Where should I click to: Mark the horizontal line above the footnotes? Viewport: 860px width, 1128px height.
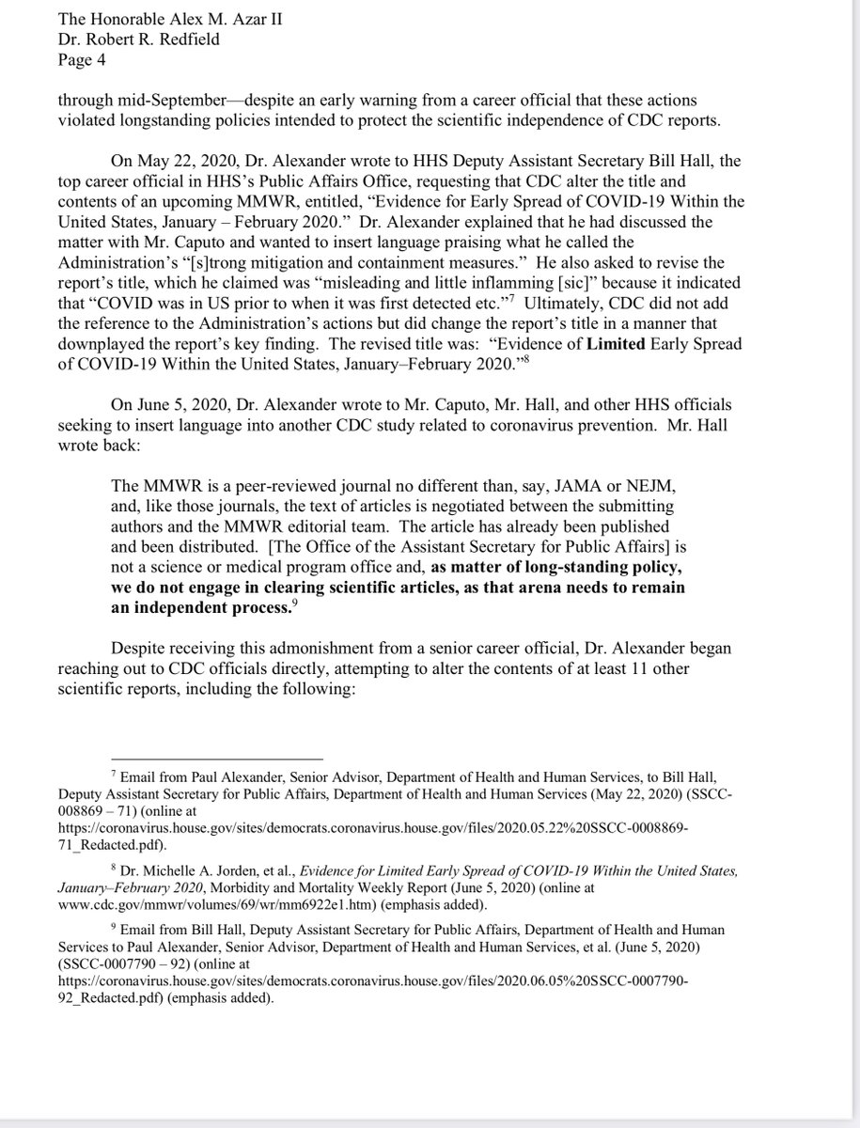pyautogui.click(x=216, y=758)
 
